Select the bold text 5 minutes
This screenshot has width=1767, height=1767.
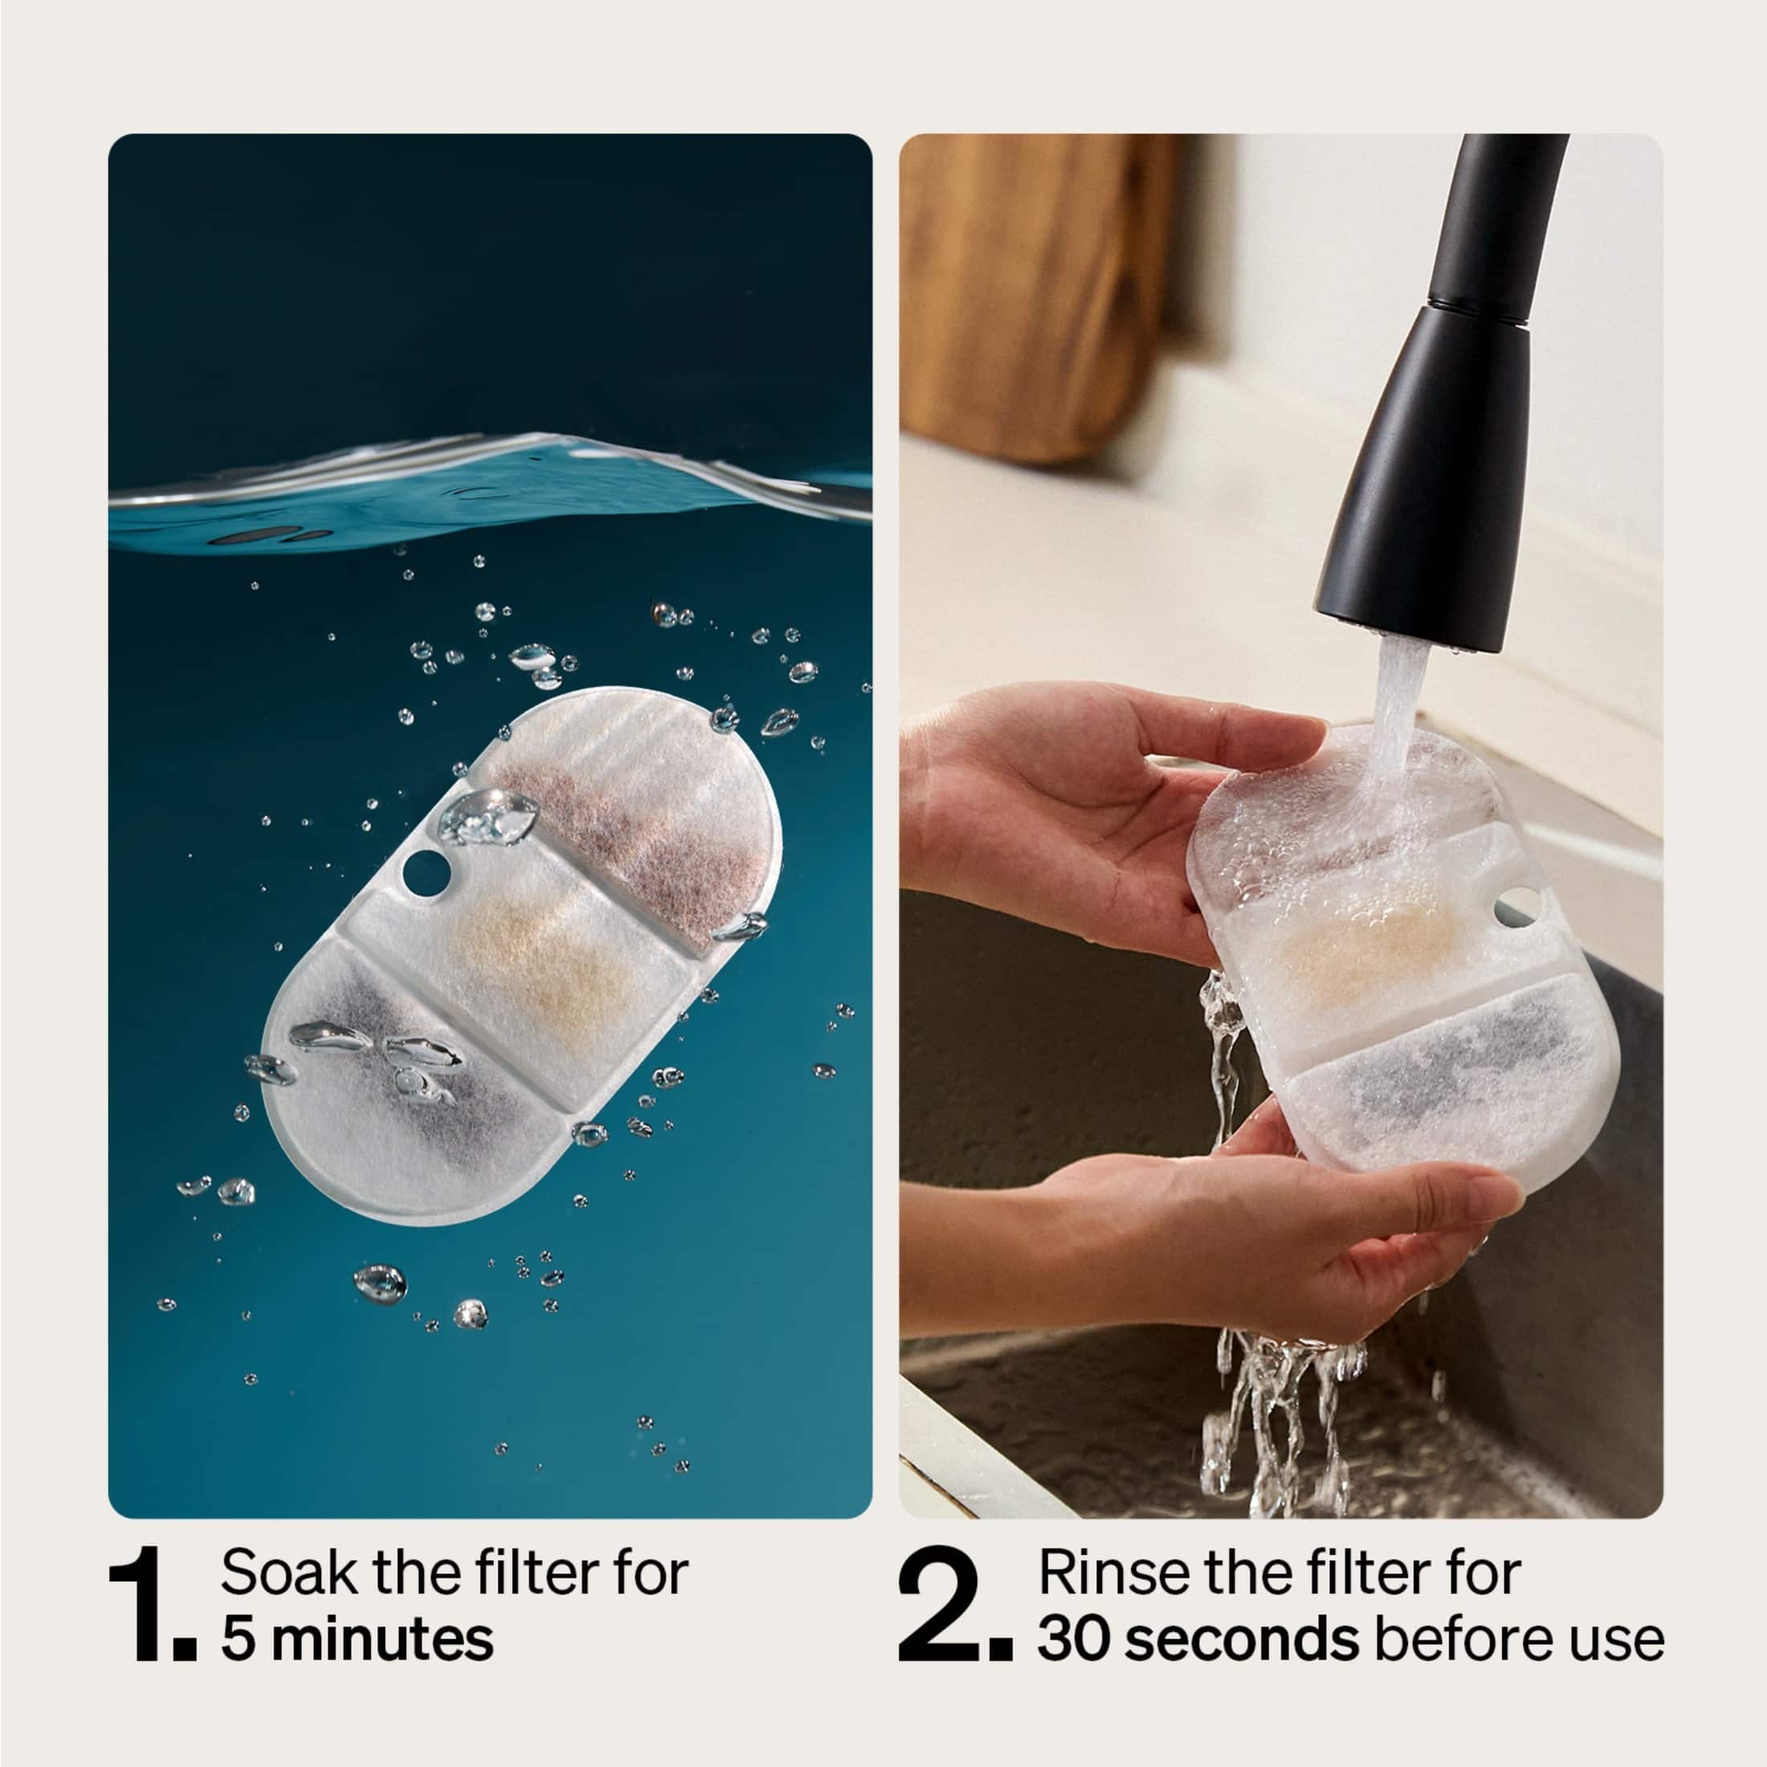click(357, 1640)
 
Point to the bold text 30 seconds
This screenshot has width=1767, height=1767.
click(1198, 1640)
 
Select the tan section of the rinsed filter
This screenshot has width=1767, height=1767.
click(1353, 951)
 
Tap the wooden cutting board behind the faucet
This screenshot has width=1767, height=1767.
click(1034, 292)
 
